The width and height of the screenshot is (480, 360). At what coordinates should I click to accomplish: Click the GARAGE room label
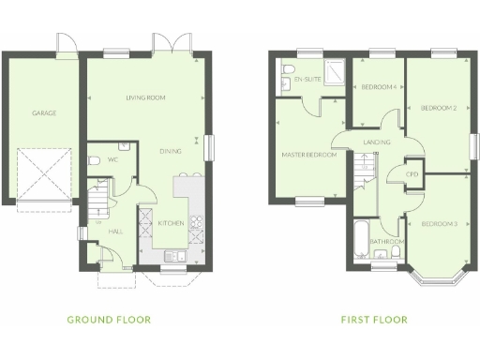(x=44, y=113)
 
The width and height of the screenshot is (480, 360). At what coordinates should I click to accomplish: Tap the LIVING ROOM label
(x=145, y=97)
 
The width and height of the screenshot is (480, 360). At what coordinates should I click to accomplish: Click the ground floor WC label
(x=112, y=160)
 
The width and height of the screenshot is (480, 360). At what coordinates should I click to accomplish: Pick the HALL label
(x=115, y=230)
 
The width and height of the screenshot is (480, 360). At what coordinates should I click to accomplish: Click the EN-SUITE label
(x=307, y=80)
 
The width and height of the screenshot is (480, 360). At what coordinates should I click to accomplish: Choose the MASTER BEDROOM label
(x=309, y=155)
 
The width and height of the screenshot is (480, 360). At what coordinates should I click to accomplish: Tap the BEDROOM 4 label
(x=379, y=87)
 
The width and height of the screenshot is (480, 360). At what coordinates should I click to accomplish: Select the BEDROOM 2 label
(x=438, y=108)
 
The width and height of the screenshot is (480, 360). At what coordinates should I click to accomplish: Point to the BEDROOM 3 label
(x=438, y=223)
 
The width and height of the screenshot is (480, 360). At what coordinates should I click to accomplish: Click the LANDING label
(x=377, y=142)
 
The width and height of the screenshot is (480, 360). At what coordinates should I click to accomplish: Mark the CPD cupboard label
(x=412, y=174)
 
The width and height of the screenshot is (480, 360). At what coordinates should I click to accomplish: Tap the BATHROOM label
(x=386, y=241)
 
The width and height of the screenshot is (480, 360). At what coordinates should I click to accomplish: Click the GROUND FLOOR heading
(x=109, y=320)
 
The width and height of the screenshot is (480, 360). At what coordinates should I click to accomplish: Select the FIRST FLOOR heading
(x=374, y=320)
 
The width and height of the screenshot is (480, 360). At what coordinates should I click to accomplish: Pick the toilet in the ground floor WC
(x=95, y=161)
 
